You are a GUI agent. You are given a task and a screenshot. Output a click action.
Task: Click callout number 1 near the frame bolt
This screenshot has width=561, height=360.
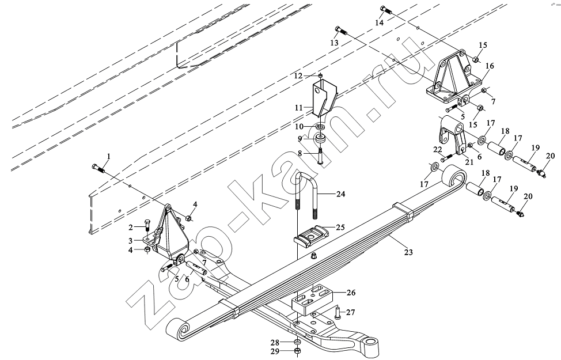tap(108, 156)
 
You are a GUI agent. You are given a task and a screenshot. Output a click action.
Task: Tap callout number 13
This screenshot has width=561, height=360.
tap(334, 43)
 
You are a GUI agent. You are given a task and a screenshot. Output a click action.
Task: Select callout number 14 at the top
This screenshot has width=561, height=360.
tap(379, 22)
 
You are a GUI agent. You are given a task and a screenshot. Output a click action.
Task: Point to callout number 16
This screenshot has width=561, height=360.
tap(490, 66)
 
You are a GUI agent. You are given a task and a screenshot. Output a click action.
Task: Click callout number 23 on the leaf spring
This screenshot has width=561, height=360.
tap(408, 252)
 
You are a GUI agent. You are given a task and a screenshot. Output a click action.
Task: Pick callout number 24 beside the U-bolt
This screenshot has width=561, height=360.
tap(340, 194)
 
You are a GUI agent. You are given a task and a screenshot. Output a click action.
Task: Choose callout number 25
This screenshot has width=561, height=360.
tap(340, 227)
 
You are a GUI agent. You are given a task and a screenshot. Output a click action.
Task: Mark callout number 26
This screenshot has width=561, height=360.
tap(351, 293)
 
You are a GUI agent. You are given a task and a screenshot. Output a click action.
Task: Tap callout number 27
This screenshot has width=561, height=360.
tap(351, 312)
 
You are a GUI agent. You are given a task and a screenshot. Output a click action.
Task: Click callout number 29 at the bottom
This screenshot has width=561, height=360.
tap(275, 352)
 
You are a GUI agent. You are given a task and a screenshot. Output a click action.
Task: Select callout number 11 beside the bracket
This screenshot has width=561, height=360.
tap(299, 107)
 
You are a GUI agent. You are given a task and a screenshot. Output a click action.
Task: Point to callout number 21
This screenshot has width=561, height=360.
tap(469, 162)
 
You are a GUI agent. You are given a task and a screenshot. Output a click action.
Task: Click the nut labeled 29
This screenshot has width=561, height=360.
tap(298, 351)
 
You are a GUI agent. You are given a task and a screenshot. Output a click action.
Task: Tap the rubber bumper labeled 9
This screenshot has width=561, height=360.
tap(320, 138)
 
